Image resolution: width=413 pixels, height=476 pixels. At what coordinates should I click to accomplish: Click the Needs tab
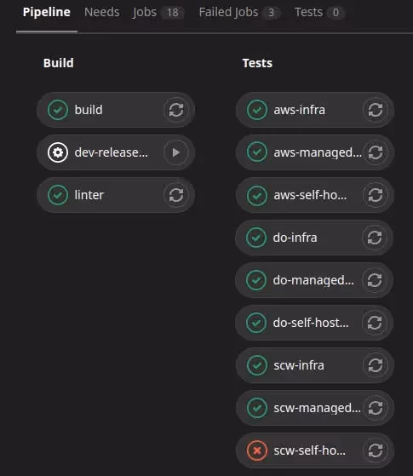(101, 13)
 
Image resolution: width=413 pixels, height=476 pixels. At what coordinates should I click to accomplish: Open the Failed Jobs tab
(228, 13)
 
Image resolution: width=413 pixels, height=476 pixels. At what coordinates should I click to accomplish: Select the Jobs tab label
(144, 13)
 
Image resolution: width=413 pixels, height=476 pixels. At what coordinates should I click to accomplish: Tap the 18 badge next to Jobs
(173, 13)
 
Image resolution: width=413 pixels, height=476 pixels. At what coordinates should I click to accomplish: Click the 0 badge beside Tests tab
(336, 13)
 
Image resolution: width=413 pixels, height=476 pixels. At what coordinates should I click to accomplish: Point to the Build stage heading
(58, 63)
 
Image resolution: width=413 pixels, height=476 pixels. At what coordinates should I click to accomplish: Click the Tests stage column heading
(257, 63)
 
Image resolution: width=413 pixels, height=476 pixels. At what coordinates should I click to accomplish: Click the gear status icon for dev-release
(58, 152)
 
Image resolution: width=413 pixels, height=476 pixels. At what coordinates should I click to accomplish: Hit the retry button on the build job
(175, 110)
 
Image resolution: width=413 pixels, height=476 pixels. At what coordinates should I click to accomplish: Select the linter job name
(89, 195)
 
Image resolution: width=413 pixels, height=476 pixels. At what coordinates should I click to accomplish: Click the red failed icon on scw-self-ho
(257, 450)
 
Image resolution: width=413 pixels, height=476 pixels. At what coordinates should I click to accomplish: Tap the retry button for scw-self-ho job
(376, 450)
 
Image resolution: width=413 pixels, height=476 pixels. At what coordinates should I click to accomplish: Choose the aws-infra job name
(300, 110)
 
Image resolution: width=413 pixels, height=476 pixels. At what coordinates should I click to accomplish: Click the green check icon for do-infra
(256, 238)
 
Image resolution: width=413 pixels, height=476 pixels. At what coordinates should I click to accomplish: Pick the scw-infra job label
(299, 365)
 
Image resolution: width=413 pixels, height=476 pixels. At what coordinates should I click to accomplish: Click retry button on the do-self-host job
(375, 323)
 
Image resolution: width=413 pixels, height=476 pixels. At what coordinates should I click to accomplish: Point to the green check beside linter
(58, 195)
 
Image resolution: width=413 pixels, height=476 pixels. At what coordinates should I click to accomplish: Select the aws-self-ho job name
(310, 195)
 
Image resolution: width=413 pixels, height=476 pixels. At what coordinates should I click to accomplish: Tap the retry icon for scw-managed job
(376, 408)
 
